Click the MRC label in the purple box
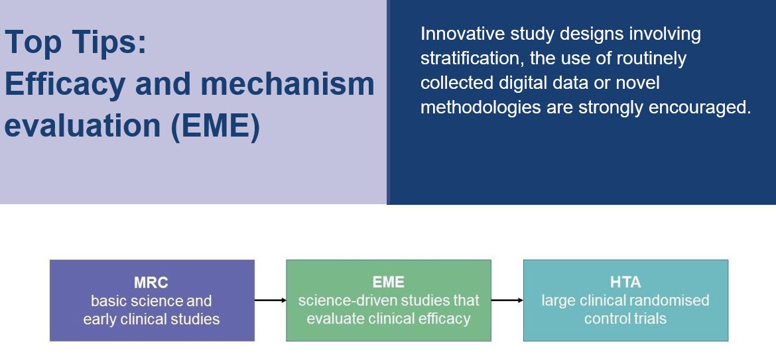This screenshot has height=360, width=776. pos(151,282)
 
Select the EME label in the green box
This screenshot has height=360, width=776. pos(389,282)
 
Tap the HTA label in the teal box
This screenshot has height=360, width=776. pos(625,282)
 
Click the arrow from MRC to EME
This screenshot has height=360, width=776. pos(270,300)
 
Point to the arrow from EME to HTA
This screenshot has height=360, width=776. pos(507,300)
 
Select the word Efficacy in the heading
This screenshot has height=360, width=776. pos(64,85)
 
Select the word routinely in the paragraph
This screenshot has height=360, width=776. pos(651,59)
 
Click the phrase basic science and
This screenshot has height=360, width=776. pos(151,300)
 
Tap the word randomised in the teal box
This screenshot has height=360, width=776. pos(672,300)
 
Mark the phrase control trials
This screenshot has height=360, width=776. pos(625,318)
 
